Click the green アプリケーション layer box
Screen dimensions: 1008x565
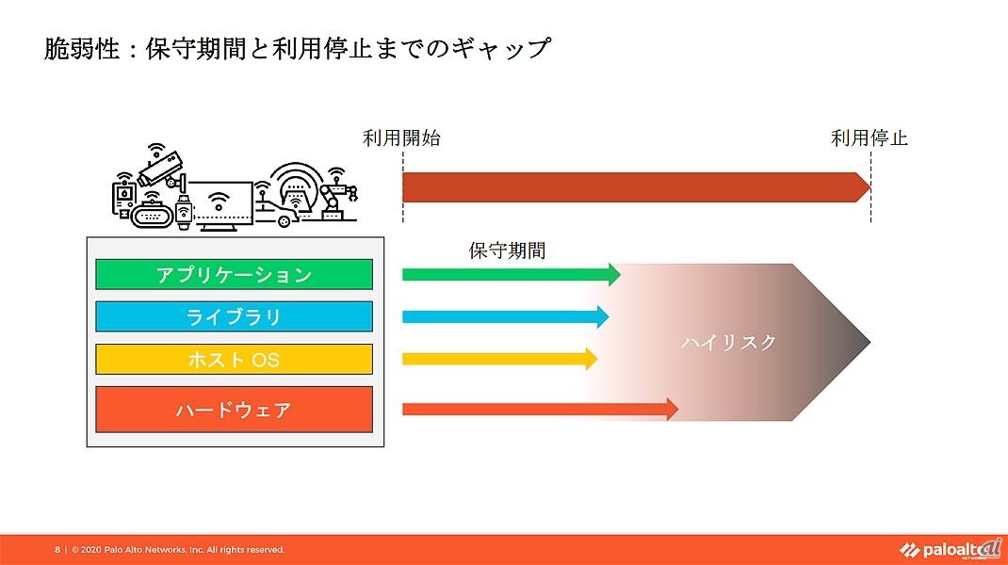(234, 274)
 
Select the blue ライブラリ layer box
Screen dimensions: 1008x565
(234, 317)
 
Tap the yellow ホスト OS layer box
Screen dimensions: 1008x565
(234, 360)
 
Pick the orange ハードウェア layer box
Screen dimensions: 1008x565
(234, 410)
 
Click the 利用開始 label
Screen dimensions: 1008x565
(401, 138)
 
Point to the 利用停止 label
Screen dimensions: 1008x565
(870, 138)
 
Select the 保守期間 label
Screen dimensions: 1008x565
(507, 250)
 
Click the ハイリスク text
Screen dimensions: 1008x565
(729, 343)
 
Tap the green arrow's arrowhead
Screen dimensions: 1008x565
(614, 274)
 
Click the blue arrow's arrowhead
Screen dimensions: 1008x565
(603, 317)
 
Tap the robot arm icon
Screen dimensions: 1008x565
(335, 196)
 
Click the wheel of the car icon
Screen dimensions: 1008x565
(284, 221)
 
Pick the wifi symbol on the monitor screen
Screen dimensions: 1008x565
(219, 201)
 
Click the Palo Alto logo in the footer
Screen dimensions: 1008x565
(951, 548)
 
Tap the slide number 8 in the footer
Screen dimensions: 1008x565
(57, 550)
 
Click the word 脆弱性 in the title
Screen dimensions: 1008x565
(82, 49)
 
